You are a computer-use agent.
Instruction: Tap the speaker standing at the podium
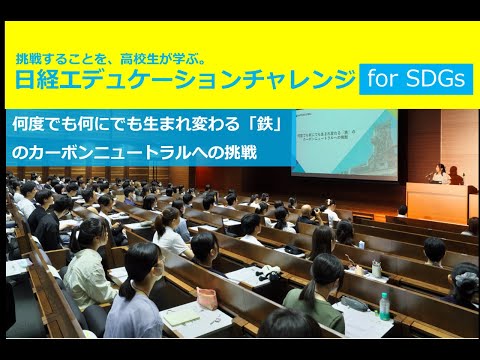point(437,173)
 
